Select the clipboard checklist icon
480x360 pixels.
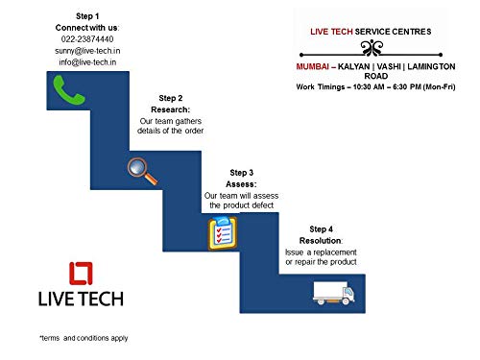coord(222,234)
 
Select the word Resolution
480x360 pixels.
coord(320,239)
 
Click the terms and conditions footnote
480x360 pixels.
coord(84,338)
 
